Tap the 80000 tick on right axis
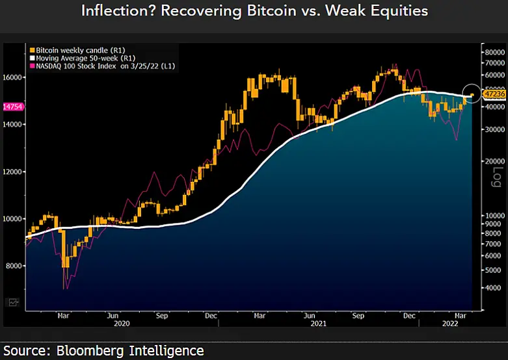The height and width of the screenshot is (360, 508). pyautogui.click(x=492, y=51)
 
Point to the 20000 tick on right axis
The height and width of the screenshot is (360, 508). pyautogui.click(x=492, y=161)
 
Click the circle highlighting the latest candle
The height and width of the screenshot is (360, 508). pyautogui.click(x=472, y=95)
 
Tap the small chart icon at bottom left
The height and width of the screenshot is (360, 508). pyautogui.click(x=13, y=302)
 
